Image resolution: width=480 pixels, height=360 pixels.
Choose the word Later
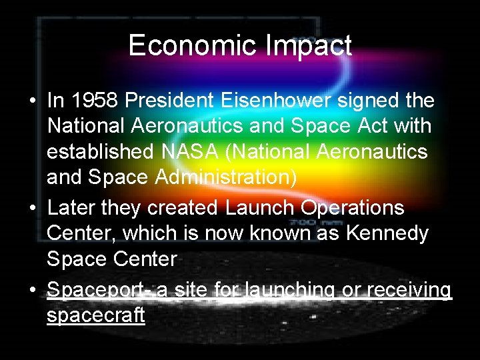(x=71, y=208)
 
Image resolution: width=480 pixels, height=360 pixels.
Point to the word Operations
(x=349, y=208)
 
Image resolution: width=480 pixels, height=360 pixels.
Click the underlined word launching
(x=289, y=291)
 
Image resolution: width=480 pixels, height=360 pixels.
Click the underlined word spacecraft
(x=95, y=315)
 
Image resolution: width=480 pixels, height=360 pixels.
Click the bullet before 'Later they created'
(x=32, y=209)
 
